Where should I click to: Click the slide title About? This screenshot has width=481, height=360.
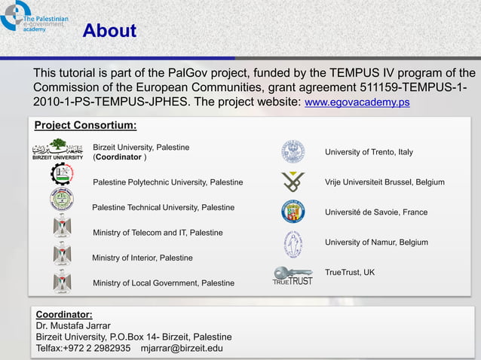pos(109,31)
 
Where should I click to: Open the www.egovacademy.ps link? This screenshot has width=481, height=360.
pos(357,102)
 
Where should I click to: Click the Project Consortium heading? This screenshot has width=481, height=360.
pos(85,125)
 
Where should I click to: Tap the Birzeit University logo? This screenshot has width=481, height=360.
pos(58,149)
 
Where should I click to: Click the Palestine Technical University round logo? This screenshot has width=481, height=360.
pos(62,200)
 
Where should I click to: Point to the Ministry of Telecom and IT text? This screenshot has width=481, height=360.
pos(157,233)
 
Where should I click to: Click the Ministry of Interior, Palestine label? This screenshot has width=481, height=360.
pos(142,258)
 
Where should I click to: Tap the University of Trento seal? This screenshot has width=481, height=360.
pos(293,151)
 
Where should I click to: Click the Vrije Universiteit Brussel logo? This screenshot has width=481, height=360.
pos(293,182)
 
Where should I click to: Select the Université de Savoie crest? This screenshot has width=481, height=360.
pos(293,212)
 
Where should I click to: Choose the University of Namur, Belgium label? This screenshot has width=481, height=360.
pos(376,243)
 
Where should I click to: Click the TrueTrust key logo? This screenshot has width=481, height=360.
pos(292,276)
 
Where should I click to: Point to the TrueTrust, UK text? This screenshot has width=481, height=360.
pos(349,272)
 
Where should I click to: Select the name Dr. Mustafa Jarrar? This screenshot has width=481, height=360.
pos(73,325)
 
